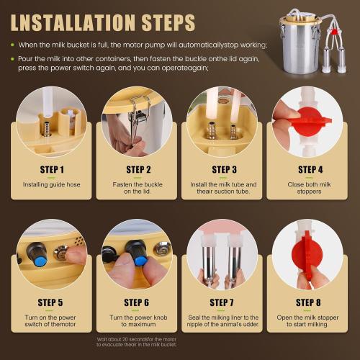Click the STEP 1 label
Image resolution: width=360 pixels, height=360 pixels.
53,171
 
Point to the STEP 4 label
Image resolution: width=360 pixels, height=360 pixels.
307,171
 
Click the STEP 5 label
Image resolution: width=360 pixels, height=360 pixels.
53,302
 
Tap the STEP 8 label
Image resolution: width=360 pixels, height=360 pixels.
307,302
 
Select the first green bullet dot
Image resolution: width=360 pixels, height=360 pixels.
12,46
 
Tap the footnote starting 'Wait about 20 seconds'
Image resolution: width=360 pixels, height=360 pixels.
138,343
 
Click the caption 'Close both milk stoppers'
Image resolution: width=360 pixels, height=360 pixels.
307,188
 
